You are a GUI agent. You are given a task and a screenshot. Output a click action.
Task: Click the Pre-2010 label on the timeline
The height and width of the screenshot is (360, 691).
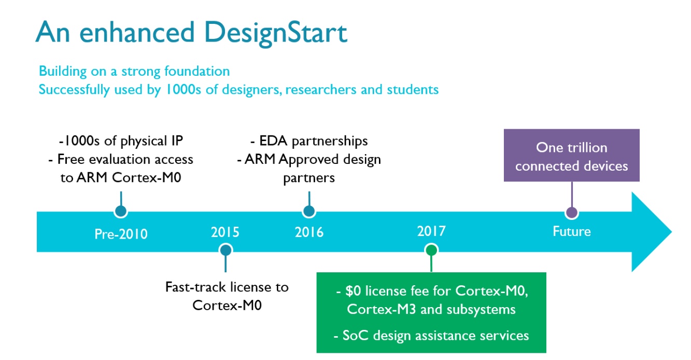(x=121, y=234)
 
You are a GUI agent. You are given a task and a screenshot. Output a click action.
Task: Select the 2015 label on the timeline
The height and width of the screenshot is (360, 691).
(x=225, y=232)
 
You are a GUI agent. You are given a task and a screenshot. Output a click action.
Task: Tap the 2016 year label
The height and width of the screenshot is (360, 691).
(x=309, y=232)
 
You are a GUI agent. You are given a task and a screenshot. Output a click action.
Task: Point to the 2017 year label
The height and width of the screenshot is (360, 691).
(x=431, y=231)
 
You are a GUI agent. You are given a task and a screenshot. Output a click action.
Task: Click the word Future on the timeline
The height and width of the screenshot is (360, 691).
(x=572, y=231)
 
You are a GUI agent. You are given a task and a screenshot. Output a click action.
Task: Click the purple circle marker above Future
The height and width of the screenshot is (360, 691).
(x=572, y=213)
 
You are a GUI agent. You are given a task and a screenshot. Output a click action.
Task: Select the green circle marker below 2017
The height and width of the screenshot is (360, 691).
(x=431, y=250)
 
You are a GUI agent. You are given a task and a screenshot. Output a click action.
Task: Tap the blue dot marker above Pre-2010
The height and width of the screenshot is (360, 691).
(x=121, y=211)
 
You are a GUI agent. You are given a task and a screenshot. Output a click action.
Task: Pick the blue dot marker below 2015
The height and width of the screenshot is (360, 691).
(x=225, y=250)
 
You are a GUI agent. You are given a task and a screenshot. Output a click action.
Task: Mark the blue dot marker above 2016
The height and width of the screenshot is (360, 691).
(x=309, y=211)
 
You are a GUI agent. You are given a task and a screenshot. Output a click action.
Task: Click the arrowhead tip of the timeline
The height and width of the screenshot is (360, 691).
(x=672, y=232)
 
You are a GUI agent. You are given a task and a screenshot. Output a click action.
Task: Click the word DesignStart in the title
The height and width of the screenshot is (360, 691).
(x=275, y=33)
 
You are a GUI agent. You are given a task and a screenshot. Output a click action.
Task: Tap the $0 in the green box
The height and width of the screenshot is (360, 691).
(x=353, y=291)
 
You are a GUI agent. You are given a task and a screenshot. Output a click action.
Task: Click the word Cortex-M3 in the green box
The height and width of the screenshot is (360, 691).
(x=382, y=309)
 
